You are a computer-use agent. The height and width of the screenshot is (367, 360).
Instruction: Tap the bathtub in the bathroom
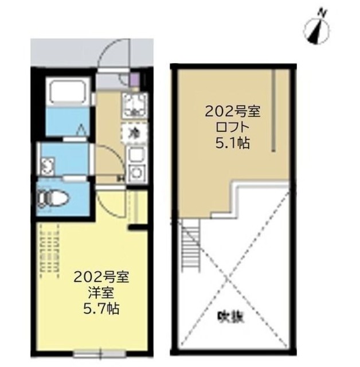coord(66,92)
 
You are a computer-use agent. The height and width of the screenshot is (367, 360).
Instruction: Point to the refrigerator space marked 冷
coord(134,134)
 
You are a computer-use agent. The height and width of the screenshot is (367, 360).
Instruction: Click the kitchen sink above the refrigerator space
coord(134,107)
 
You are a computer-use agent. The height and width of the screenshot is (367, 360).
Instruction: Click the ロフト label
coord(233,128)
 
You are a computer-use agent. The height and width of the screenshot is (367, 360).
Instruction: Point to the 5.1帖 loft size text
coord(233,143)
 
